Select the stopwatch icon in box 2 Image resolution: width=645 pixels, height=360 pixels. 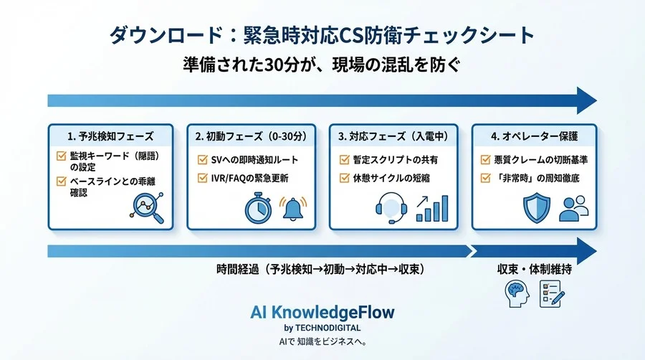tap(257, 208)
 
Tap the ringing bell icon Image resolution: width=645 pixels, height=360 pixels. tap(292, 208)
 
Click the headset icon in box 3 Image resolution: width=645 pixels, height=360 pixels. tap(392, 208)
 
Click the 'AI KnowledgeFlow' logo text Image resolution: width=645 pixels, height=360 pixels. tap(322, 313)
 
